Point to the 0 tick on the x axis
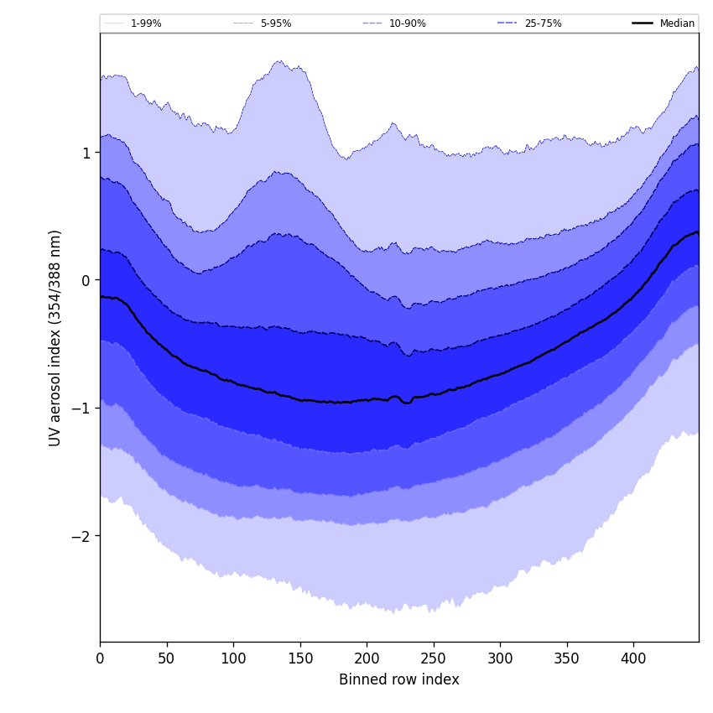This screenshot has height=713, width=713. point(100,659)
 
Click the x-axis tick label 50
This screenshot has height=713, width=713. point(167,659)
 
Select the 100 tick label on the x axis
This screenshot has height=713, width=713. point(233,659)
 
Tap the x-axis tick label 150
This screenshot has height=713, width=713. point(300,659)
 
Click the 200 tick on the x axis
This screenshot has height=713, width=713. point(367,659)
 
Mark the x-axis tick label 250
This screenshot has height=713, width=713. point(434,659)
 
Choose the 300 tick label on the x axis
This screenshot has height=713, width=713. point(500,659)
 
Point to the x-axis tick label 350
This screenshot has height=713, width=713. point(567,659)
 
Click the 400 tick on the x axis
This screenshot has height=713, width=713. point(633,659)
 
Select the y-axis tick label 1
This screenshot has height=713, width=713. point(86,153)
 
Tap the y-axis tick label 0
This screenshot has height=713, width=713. point(86,280)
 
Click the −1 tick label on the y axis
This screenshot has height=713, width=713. point(81,408)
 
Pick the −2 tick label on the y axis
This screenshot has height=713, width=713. point(81,535)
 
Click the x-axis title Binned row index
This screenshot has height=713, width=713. point(399,680)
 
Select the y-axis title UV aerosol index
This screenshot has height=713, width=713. point(55,337)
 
